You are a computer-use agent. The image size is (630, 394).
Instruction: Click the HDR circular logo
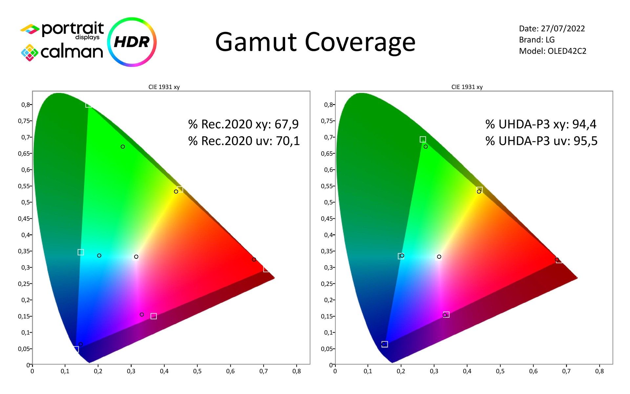click(x=132, y=42)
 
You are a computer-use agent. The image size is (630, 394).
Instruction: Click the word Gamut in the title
click(x=256, y=42)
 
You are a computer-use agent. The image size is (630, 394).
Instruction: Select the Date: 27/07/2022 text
click(x=552, y=29)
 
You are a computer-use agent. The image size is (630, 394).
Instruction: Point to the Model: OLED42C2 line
click(x=553, y=51)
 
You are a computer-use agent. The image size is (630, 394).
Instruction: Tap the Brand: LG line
click(x=537, y=40)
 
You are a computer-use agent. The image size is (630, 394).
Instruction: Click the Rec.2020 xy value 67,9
click(x=286, y=124)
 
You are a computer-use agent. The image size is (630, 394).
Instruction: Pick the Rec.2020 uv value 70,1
click(x=288, y=141)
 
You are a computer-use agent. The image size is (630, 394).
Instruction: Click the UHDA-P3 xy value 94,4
click(x=584, y=124)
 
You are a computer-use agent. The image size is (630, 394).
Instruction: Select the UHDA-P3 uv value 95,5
click(x=585, y=141)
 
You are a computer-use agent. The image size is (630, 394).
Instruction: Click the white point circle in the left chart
click(x=136, y=257)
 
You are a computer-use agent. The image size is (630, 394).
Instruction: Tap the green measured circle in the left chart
click(x=123, y=147)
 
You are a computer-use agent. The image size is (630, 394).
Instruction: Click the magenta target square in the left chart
click(x=154, y=316)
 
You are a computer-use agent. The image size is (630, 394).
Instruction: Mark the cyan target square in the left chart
click(x=81, y=252)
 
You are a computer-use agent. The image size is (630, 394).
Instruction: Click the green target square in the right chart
click(x=423, y=140)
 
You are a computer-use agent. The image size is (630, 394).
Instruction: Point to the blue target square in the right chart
click(x=385, y=344)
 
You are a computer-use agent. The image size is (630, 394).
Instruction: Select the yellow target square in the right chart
click(x=480, y=190)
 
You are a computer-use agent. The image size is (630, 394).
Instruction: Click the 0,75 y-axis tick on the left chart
click(x=25, y=121)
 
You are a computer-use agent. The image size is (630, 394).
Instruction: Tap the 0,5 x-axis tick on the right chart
click(x=500, y=371)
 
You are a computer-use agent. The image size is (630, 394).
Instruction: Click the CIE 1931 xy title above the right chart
click(x=467, y=87)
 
